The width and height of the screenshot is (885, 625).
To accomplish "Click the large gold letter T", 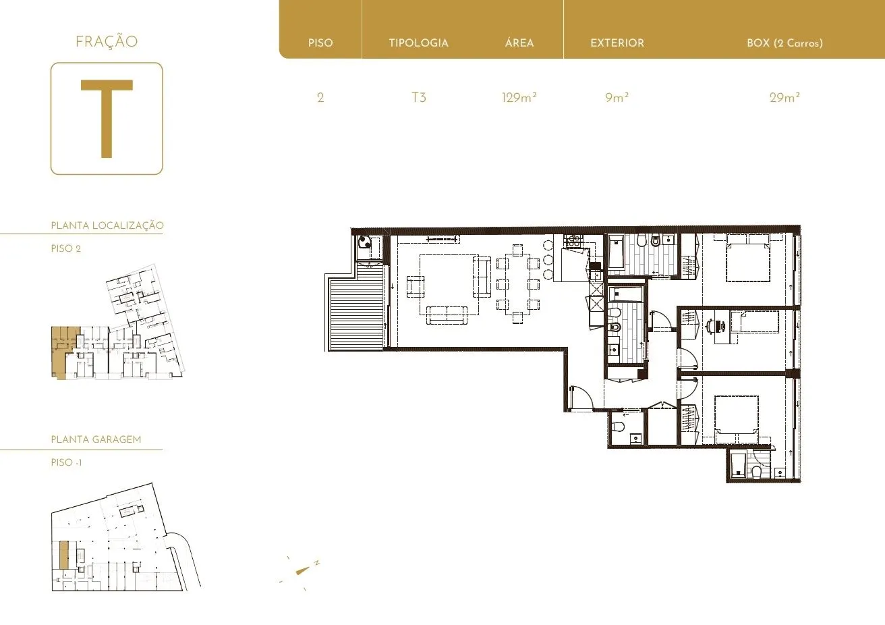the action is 107,119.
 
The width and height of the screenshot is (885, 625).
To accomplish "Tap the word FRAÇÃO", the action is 107,41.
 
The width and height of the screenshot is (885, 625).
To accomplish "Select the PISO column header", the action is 320,43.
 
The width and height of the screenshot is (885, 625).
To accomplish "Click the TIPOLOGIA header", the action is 419,43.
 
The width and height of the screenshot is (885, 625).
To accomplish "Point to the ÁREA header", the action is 519,42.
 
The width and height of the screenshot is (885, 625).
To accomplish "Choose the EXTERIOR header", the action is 617,43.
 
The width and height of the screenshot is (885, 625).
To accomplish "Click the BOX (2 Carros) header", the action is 784,43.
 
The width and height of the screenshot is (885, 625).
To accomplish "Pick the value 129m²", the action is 519,97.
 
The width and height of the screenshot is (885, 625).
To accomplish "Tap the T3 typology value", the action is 419,97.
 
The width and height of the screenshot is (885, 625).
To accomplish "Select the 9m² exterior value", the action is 617,97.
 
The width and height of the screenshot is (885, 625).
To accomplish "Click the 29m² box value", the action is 784,97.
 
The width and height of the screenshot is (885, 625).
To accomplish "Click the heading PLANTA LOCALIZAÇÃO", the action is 107,225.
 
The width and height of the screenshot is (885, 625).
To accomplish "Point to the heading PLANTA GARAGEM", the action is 96,439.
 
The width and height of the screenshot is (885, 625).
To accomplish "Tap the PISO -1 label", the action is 66,462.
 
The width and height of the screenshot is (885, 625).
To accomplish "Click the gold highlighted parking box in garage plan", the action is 64,555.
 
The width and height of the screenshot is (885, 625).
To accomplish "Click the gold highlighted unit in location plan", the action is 61,352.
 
